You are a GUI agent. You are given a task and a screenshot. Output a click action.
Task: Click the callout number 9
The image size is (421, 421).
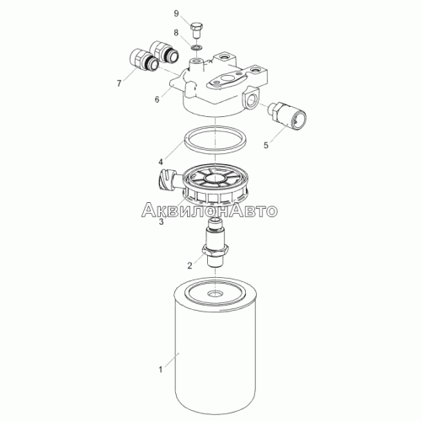(x=176, y=13)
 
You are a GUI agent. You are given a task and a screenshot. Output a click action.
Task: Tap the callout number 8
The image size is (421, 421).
(x=176, y=33)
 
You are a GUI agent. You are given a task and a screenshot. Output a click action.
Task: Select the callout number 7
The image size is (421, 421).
(x=119, y=83)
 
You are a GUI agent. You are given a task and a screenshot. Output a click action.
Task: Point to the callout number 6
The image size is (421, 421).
(x=157, y=99)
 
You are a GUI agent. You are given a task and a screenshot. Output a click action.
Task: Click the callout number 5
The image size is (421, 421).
(x=266, y=145)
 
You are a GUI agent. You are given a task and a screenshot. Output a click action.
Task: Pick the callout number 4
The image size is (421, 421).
(x=161, y=162)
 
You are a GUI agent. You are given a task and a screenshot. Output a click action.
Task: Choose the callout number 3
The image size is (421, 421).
(x=161, y=221)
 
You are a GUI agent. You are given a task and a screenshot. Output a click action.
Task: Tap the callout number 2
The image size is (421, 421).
(x=190, y=265)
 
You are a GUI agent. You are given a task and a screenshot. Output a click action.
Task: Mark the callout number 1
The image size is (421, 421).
(x=161, y=370)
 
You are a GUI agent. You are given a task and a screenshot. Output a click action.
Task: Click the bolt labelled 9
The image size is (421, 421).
(x=197, y=30)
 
